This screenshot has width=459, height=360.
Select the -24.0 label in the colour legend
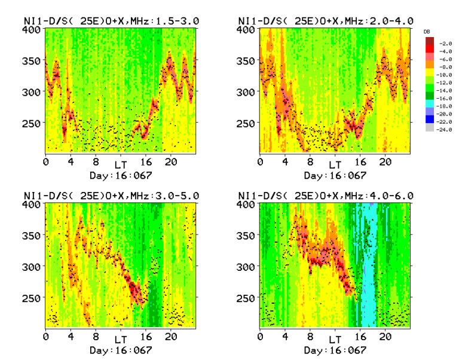(445, 129)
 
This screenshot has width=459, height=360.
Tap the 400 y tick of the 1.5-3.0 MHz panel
(34, 30)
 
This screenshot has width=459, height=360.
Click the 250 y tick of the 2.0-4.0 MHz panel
(249, 123)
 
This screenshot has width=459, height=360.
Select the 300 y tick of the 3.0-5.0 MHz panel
(34, 267)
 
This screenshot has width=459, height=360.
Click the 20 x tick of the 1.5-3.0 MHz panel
(170, 161)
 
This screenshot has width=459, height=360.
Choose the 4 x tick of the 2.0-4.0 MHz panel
(285, 161)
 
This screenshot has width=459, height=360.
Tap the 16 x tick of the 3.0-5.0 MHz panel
(145, 336)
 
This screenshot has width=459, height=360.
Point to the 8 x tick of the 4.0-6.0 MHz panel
(310, 336)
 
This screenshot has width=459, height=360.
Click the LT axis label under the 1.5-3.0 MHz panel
(121, 164)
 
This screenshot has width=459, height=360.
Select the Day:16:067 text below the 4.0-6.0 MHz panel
(335, 350)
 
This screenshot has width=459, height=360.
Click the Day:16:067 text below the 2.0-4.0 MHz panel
(335, 175)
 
